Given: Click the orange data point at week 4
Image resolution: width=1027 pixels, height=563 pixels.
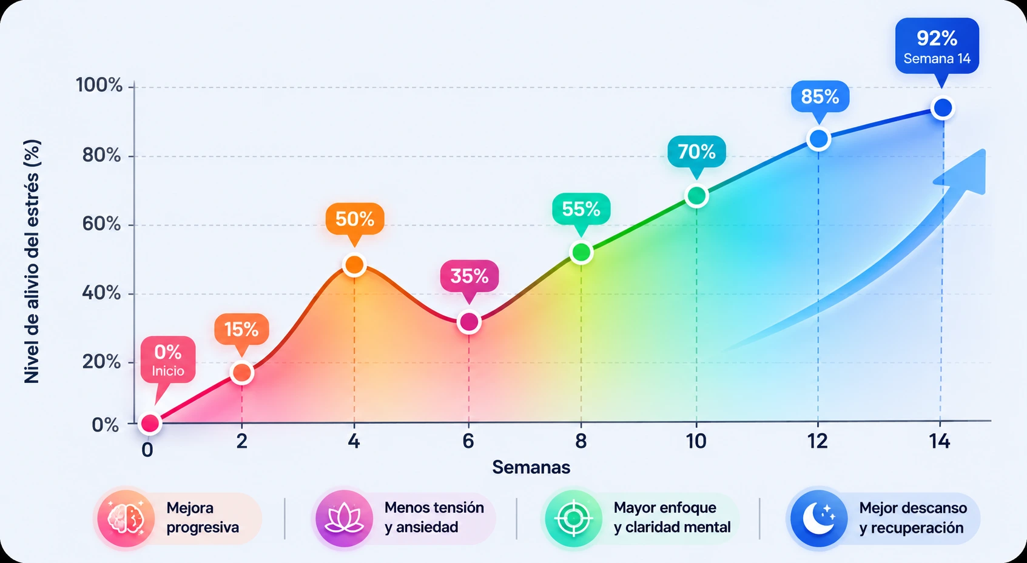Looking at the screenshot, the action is coord(354,264).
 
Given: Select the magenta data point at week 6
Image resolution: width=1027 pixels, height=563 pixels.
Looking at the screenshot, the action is coord(468,322).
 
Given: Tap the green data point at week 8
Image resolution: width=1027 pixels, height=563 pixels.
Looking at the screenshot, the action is coord(581,252).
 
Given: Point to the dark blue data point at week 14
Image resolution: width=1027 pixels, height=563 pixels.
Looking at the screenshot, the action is coord(943,108).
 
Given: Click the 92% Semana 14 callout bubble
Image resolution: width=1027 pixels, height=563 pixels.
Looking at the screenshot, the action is coord(937,46).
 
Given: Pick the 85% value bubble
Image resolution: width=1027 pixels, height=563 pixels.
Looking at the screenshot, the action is coord(820,96).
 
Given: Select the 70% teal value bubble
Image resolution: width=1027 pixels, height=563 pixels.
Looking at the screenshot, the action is coord(696,151).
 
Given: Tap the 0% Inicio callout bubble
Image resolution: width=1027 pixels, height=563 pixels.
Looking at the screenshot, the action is coord(168,360).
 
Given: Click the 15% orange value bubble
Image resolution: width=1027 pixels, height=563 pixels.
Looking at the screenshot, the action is coord(241,329).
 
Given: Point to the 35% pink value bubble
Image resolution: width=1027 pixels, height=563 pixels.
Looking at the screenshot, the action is coord(469,276).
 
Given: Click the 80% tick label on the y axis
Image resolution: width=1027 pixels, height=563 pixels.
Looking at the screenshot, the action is coord(101,156).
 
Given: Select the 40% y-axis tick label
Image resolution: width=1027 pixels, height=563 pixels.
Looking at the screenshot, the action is coord(101,293).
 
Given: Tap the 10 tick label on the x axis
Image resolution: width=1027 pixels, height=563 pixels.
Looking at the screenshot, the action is coord(696,441).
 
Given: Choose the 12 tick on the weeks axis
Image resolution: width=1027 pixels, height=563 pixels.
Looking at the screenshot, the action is coord(818,441).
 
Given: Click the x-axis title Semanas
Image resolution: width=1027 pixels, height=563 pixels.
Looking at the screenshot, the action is coord(531,467).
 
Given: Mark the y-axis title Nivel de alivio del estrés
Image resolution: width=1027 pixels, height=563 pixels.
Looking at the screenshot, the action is coord(32,261).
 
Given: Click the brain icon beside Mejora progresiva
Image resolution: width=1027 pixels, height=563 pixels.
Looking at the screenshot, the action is coord(126,519).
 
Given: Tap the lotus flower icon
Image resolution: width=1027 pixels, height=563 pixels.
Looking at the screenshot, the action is coord(344,519).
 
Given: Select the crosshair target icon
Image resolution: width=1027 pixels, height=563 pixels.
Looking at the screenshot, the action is coord(573,519).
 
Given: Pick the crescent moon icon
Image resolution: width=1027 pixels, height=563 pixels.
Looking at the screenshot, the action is coord(819,519).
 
